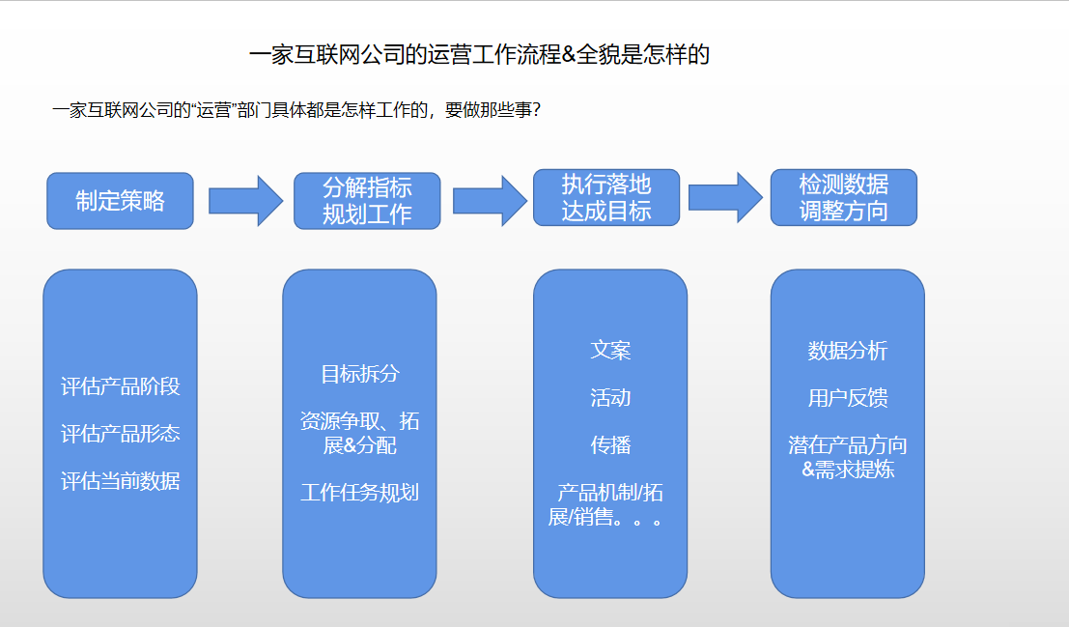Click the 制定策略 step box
[120, 201]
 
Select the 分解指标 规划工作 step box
[367, 201]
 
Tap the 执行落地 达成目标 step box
[606, 197]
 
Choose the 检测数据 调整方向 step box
[843, 197]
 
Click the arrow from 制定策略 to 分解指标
[245, 201]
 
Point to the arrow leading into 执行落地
[490, 201]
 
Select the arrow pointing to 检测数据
[725, 197]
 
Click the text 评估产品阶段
[120, 386]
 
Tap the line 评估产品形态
[120, 433]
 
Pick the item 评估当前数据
[120, 481]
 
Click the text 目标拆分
[360, 374]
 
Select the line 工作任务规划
[360, 493]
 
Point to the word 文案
[610, 350]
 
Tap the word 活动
[610, 398]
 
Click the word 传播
[610, 444]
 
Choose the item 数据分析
[848, 351]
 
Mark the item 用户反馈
[848, 398]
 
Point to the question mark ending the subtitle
[536, 110]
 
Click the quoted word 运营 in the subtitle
[214, 110]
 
